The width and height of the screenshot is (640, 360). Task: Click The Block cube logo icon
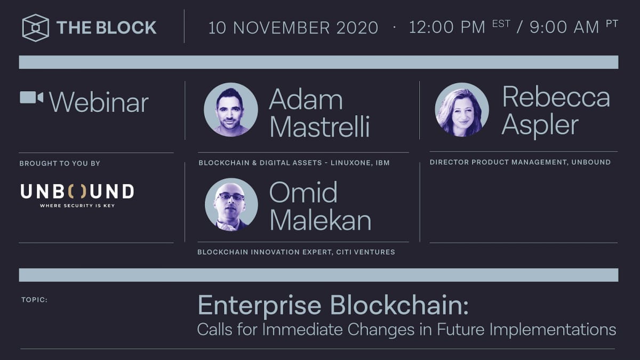click(x=36, y=28)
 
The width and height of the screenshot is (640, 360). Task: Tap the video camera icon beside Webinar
click(x=31, y=98)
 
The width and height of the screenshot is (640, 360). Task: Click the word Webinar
click(x=99, y=102)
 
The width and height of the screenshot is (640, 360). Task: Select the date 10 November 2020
click(x=293, y=28)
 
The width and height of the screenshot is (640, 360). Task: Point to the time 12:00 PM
click(x=447, y=28)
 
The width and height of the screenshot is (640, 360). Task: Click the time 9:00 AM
click(x=564, y=28)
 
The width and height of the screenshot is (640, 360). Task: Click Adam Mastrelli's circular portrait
click(x=231, y=110)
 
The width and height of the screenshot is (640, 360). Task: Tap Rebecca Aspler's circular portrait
click(x=462, y=110)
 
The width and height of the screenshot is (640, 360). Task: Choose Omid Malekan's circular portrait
click(x=231, y=204)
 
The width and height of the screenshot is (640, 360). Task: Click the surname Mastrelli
click(x=319, y=127)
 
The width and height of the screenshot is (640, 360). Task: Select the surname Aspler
click(x=540, y=125)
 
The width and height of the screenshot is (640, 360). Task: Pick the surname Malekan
click(x=321, y=220)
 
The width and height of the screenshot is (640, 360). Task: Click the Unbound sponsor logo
click(x=77, y=191)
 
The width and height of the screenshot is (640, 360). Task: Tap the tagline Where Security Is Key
click(x=77, y=205)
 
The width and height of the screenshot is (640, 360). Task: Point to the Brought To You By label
click(x=60, y=163)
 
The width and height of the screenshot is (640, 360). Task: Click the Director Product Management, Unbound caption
click(x=520, y=162)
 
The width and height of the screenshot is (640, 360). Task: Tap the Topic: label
click(x=35, y=300)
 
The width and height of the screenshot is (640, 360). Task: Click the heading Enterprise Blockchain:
click(x=333, y=305)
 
